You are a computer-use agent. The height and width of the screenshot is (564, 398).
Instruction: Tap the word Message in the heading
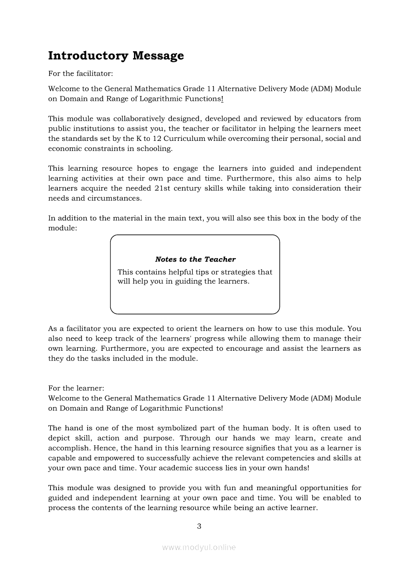pos(158,56)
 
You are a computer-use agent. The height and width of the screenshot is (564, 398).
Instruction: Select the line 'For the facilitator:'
pos(80,74)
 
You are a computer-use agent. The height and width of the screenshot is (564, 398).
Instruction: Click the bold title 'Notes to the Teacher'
pos(195,260)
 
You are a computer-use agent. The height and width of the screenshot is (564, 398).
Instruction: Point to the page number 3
pos(199,526)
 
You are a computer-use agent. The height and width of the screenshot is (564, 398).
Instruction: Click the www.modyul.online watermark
pos(199,547)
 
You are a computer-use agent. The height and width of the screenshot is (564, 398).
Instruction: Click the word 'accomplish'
pos(69,448)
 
